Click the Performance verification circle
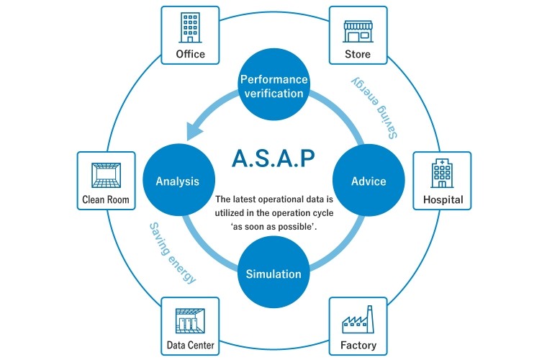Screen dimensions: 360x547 pos(273,86)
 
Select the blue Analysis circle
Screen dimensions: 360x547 pos(177,181)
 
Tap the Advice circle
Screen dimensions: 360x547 pos(369,181)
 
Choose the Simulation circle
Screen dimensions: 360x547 pos(273,274)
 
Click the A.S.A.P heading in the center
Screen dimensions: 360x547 pos(273,158)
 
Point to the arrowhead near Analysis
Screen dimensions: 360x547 pos(192,131)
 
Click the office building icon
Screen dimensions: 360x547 pos(190,29)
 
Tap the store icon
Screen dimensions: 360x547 pos(357,30)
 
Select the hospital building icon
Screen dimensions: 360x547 pos(442,174)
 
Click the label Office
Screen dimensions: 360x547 pos(190,54)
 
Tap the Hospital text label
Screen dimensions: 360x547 pos(443,199)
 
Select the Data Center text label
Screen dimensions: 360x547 pos(190,346)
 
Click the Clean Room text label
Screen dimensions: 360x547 pos(105,200)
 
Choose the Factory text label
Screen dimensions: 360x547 pos(358,346)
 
